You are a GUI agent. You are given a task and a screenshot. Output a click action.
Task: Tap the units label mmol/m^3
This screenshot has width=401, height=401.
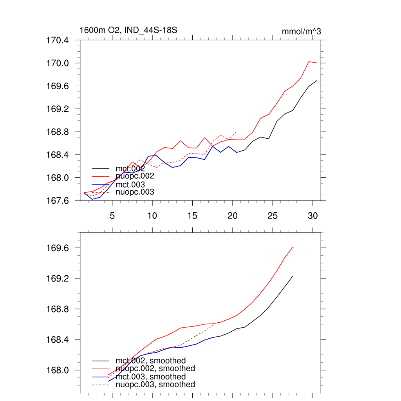301,32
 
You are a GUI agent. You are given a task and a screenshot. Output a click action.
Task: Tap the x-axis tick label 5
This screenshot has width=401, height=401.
112,216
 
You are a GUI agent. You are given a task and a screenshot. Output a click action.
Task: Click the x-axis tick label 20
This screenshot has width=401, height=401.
232,216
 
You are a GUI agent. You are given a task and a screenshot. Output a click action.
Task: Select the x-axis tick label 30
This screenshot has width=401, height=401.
312,216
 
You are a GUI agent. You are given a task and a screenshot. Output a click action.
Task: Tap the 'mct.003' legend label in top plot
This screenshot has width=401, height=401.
130,184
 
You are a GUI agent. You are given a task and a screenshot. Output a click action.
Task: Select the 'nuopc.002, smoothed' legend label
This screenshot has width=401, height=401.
155,368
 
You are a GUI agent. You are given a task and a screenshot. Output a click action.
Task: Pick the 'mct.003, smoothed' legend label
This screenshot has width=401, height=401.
151,377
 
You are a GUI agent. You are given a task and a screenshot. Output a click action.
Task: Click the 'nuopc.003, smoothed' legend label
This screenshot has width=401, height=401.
155,385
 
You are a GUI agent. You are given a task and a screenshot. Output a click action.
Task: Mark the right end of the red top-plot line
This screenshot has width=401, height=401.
317,63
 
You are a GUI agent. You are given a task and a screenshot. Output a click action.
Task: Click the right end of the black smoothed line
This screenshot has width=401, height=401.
293,276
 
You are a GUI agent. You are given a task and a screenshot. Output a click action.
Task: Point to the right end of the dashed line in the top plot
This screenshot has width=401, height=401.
236,132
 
